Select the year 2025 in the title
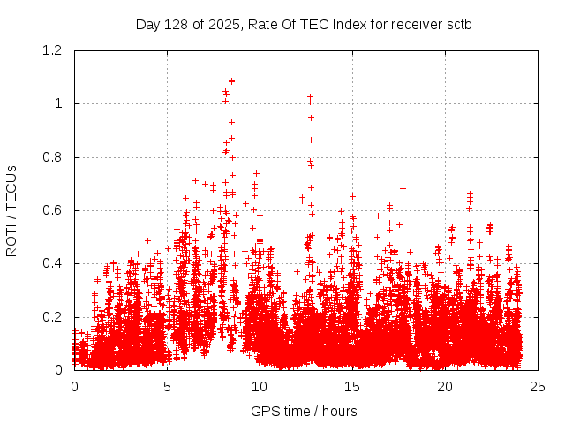222,24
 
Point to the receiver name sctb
457,24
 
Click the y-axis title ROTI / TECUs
11,210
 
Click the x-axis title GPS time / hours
304,411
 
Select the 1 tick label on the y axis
59,103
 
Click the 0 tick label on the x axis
74,386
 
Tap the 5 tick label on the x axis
167,386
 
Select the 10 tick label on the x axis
260,386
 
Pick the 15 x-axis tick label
352,386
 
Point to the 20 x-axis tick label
445,386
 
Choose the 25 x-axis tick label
538,386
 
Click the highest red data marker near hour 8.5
231,81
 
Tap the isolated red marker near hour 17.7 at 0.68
403,188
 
